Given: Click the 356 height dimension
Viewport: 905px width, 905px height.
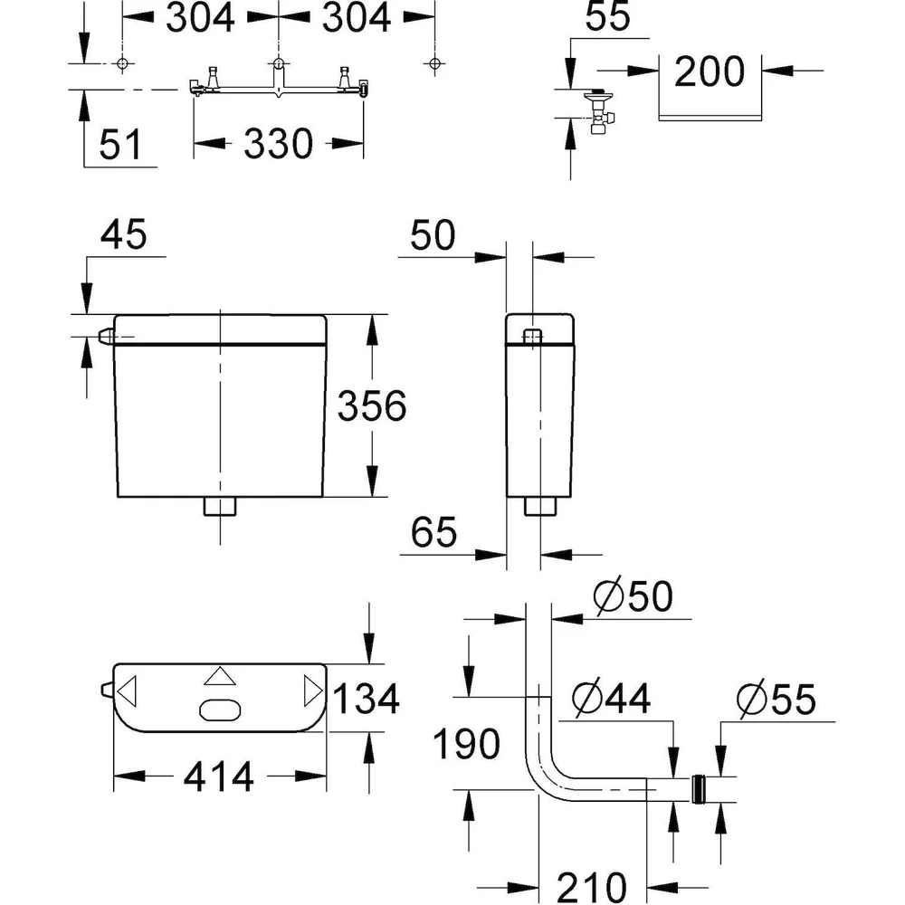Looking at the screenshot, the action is tap(372, 405).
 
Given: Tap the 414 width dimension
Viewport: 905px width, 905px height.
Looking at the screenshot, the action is tap(219, 776).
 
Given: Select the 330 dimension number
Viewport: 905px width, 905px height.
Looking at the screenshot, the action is tap(278, 144).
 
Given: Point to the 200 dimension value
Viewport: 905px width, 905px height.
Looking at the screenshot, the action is tap(710, 71).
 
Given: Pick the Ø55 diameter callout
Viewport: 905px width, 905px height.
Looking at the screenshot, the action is tap(776, 699).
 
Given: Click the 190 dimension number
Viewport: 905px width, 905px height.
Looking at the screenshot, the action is tap(466, 743).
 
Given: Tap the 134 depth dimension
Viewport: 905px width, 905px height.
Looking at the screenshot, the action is tap(366, 699).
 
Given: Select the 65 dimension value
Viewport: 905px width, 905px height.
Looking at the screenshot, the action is tap(433, 532).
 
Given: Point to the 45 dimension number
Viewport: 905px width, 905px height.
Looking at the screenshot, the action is tap(123, 234).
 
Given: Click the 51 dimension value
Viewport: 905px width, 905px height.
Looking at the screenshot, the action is tap(120, 144).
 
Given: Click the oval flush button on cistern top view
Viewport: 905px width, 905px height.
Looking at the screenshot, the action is tap(220, 710).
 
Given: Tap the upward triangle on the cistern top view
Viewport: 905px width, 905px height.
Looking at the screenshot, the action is tap(220, 677).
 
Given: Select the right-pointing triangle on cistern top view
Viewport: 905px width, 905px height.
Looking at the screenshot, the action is tap(313, 691).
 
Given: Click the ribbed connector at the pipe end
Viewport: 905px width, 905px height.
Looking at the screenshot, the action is tap(700, 789).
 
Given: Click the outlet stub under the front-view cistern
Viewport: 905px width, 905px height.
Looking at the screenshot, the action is tap(220, 506).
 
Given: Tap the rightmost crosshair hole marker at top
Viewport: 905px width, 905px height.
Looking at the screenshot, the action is tap(434, 63).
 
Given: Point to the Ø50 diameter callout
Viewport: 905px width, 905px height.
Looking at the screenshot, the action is tap(633, 595).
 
